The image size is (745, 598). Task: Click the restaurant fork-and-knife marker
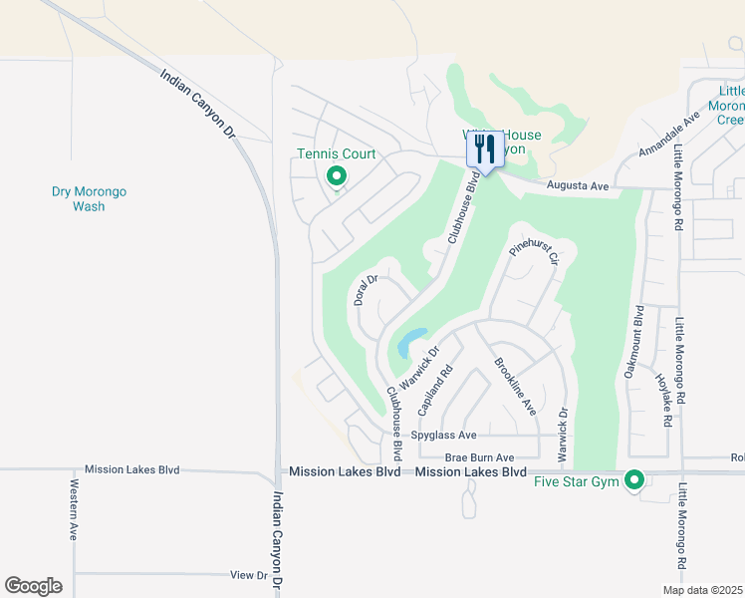pyautogui.click(x=484, y=149)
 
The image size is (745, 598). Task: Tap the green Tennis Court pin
pyautogui.click(x=337, y=176)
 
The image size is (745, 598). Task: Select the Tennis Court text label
pyautogui.click(x=337, y=154)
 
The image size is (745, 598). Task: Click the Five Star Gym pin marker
pyautogui.click(x=634, y=481)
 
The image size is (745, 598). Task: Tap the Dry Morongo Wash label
pyautogui.click(x=89, y=199)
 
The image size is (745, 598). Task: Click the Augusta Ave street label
pyautogui.click(x=578, y=186)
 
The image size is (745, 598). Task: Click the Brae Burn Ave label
pyautogui.click(x=479, y=456)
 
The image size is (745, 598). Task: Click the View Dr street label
pyautogui.click(x=249, y=575)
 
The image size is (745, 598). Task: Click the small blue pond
pyautogui.click(x=411, y=342)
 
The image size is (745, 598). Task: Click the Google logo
pyautogui.click(x=33, y=586)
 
